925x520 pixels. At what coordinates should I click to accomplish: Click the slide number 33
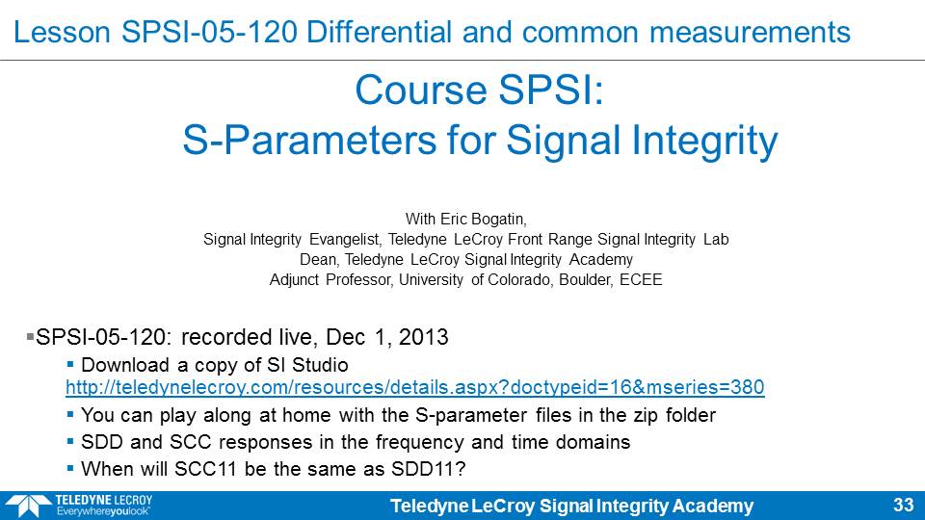903,506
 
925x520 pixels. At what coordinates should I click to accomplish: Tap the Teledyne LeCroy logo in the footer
78,506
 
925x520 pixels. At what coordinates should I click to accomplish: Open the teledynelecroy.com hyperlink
415,387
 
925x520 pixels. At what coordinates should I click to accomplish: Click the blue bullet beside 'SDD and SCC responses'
70,441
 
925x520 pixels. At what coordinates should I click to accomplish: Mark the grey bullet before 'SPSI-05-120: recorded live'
30,337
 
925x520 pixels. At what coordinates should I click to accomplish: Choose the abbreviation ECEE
641,279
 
